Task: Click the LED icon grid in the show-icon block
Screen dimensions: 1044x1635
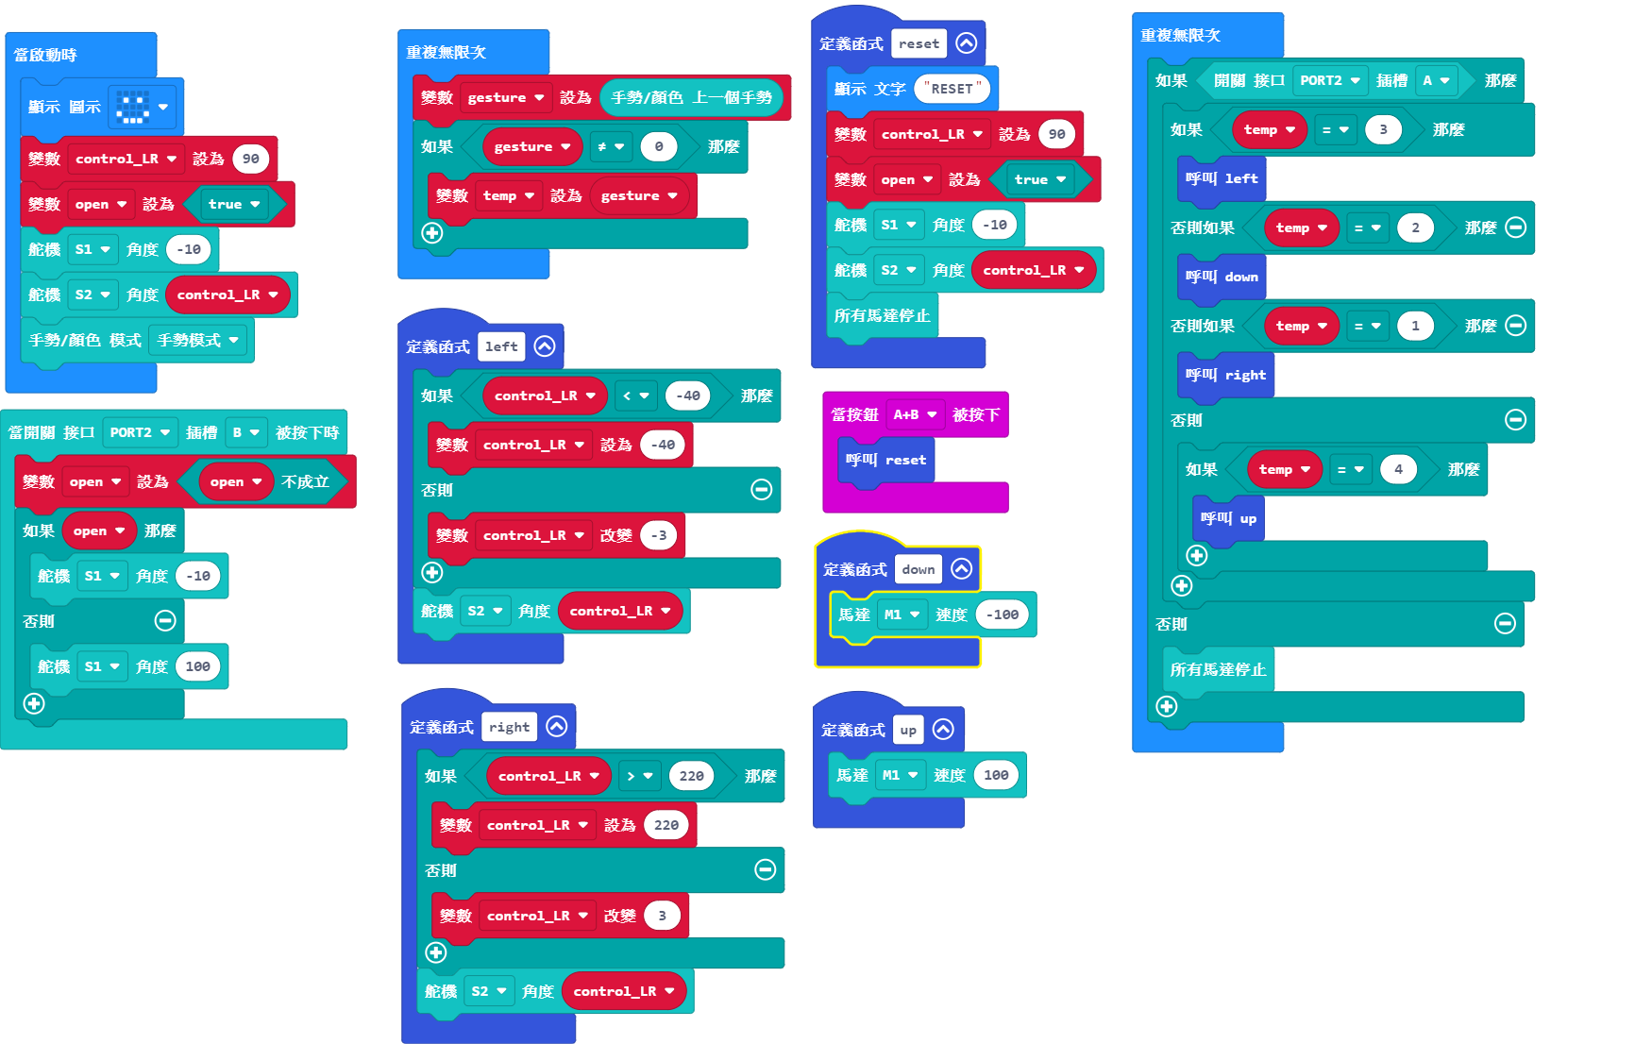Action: (132, 107)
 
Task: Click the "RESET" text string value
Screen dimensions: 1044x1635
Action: (952, 89)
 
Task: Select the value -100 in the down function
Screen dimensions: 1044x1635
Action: (1002, 615)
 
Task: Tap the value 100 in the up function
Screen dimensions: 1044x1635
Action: (996, 775)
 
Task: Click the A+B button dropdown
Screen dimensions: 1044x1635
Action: (915, 414)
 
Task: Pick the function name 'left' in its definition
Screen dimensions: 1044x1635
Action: (501, 346)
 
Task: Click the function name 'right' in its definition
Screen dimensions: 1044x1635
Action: (509, 727)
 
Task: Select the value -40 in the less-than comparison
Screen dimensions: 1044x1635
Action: (688, 396)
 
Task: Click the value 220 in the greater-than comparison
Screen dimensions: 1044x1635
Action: (691, 776)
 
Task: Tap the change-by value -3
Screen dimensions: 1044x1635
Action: (659, 535)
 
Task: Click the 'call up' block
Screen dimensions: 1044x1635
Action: (1228, 518)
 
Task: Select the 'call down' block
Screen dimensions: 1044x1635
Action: (1222, 277)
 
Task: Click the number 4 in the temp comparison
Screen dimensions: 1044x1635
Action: (1398, 469)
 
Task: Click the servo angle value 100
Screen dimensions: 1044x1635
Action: (197, 666)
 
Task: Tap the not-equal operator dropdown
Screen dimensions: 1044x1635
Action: (611, 146)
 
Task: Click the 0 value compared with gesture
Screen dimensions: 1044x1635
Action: (659, 146)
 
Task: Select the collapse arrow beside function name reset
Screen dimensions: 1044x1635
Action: (966, 43)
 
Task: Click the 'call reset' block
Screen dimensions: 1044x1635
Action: (885, 460)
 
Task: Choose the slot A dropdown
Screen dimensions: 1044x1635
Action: (1436, 80)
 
